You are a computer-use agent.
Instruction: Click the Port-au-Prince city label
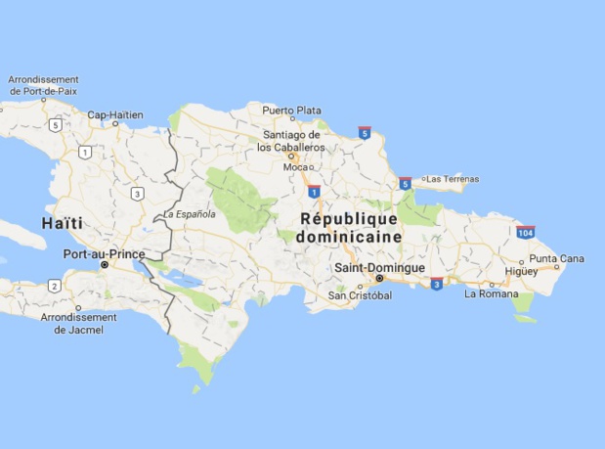click(104, 254)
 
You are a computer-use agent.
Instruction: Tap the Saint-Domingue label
click(379, 267)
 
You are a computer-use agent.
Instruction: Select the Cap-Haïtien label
click(114, 114)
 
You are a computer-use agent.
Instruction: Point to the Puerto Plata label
click(291, 110)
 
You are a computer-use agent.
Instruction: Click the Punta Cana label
click(556, 258)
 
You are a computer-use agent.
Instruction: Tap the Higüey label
click(521, 271)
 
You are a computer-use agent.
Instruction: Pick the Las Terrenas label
click(452, 179)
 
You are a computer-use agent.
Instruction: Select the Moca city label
click(295, 166)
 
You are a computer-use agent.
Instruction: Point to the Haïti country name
click(62, 224)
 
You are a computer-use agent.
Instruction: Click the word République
click(350, 218)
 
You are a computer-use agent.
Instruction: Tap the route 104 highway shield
click(525, 232)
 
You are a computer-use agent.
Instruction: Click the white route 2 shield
click(53, 286)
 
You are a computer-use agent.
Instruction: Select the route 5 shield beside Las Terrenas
click(405, 183)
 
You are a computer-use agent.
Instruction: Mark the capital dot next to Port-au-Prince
click(104, 265)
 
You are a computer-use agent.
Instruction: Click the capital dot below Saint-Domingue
click(380, 278)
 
